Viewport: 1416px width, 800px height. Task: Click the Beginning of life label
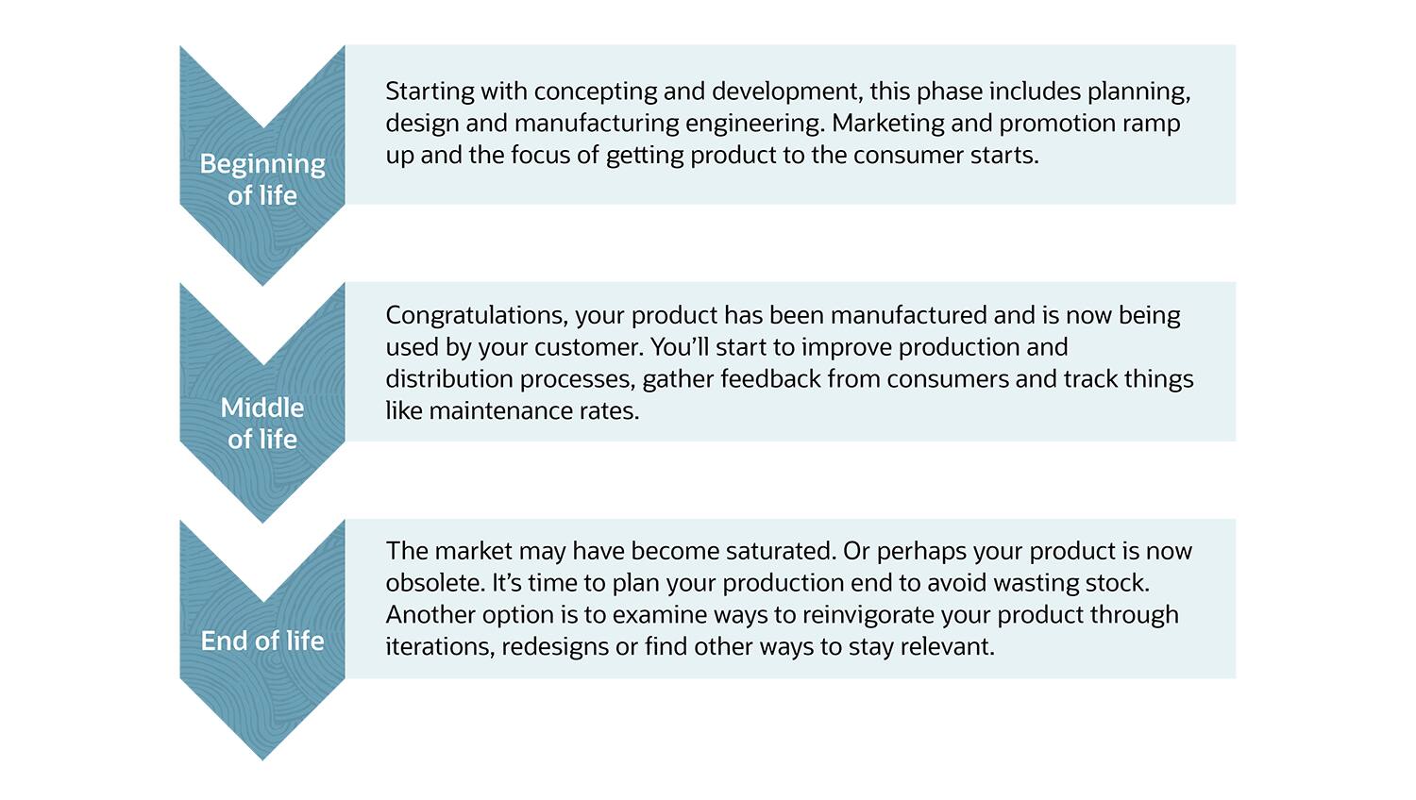pos(262,179)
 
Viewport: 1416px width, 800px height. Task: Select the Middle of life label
pos(262,423)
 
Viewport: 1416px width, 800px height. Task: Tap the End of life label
pos(262,641)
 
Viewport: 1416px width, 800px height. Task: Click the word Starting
pos(430,92)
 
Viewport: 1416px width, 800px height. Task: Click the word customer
pos(588,347)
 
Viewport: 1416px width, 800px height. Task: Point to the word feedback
pos(770,379)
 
